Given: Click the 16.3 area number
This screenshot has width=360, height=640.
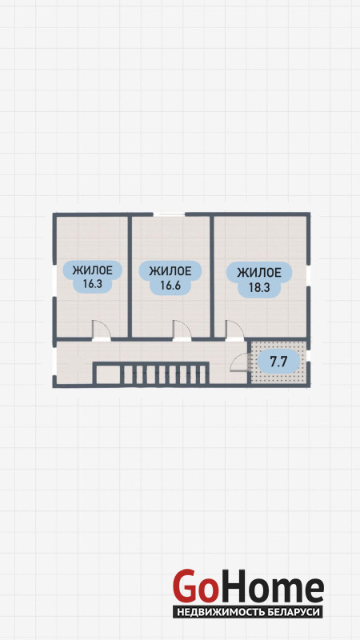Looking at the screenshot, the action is click(92, 284).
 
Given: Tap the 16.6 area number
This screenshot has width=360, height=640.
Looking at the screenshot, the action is click(170, 286).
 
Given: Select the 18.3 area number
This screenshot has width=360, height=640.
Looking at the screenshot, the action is click(259, 287).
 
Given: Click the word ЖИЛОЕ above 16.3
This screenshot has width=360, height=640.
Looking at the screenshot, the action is click(92, 270).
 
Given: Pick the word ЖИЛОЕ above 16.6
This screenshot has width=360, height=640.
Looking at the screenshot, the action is click(170, 271).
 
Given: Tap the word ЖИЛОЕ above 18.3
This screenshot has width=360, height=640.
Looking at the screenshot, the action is click(259, 272).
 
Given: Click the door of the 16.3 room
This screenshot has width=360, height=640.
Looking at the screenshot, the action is click(102, 330).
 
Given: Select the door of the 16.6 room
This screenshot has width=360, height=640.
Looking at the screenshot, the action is click(182, 330).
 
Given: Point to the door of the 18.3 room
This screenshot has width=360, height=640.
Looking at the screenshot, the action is click(234, 330).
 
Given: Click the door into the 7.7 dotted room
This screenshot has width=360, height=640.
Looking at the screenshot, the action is click(239, 362).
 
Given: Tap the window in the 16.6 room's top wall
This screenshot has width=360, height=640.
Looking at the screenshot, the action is click(169, 214).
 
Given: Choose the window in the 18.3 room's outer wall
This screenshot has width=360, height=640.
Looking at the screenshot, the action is click(309, 273).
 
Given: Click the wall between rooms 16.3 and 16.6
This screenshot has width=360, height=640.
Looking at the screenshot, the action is click(130, 276).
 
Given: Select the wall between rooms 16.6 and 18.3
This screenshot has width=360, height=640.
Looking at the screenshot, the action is click(212, 276).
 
